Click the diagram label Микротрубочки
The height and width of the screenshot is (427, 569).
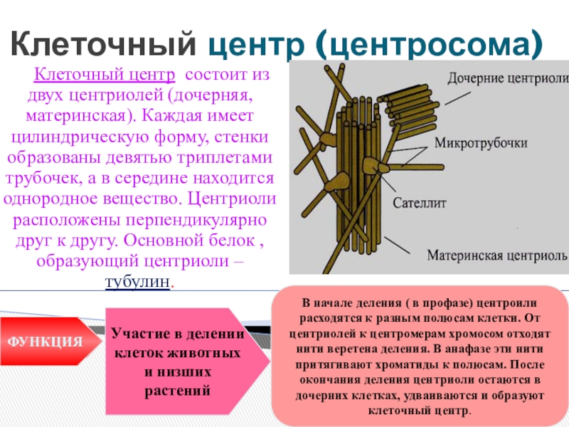pyautogui.click(x=486, y=143)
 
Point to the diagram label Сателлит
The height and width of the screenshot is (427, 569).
pyautogui.click(x=419, y=203)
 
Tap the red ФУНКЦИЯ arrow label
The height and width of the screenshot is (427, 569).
pyautogui.click(x=44, y=341)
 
